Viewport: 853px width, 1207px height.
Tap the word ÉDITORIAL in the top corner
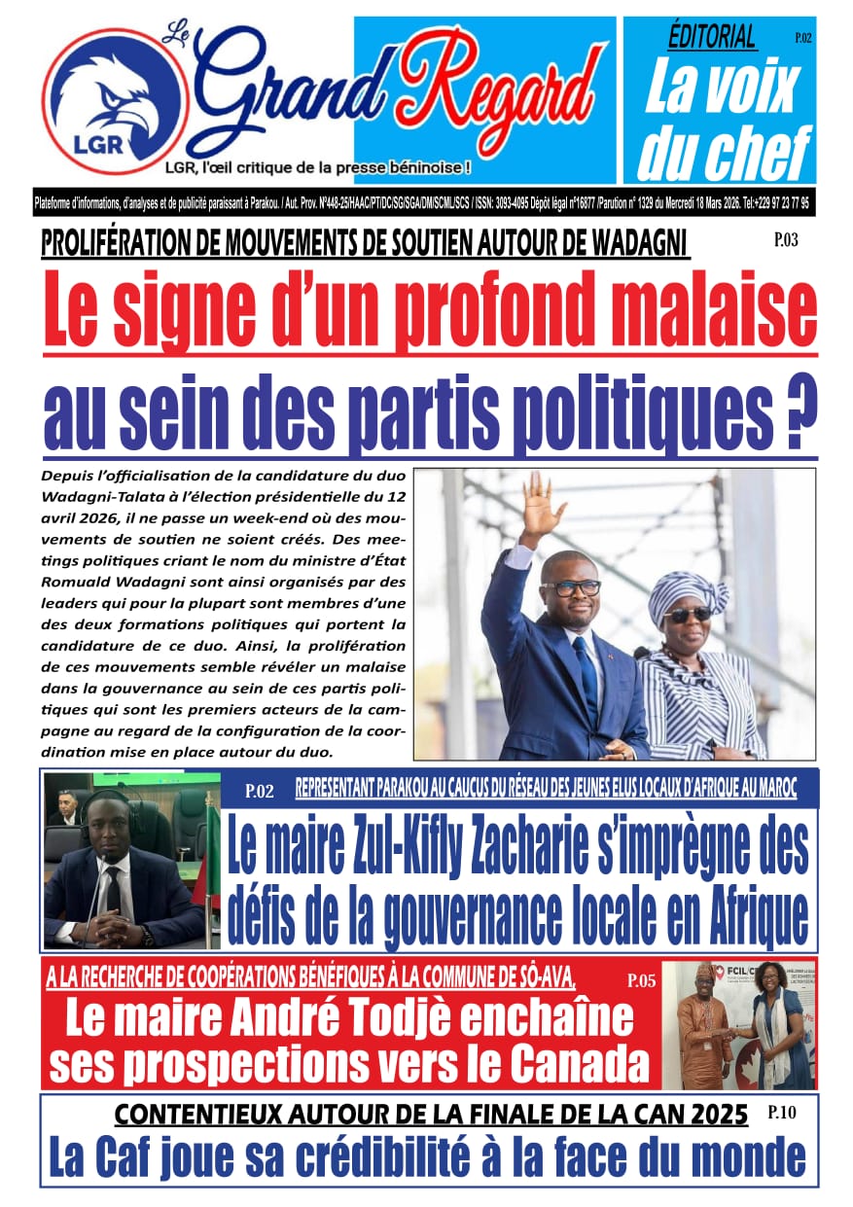coord(712,37)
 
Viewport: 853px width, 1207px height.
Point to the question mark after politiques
coord(799,412)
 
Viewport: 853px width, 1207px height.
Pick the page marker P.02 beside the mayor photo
coord(260,791)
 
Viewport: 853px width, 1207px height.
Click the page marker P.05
coord(641,980)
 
